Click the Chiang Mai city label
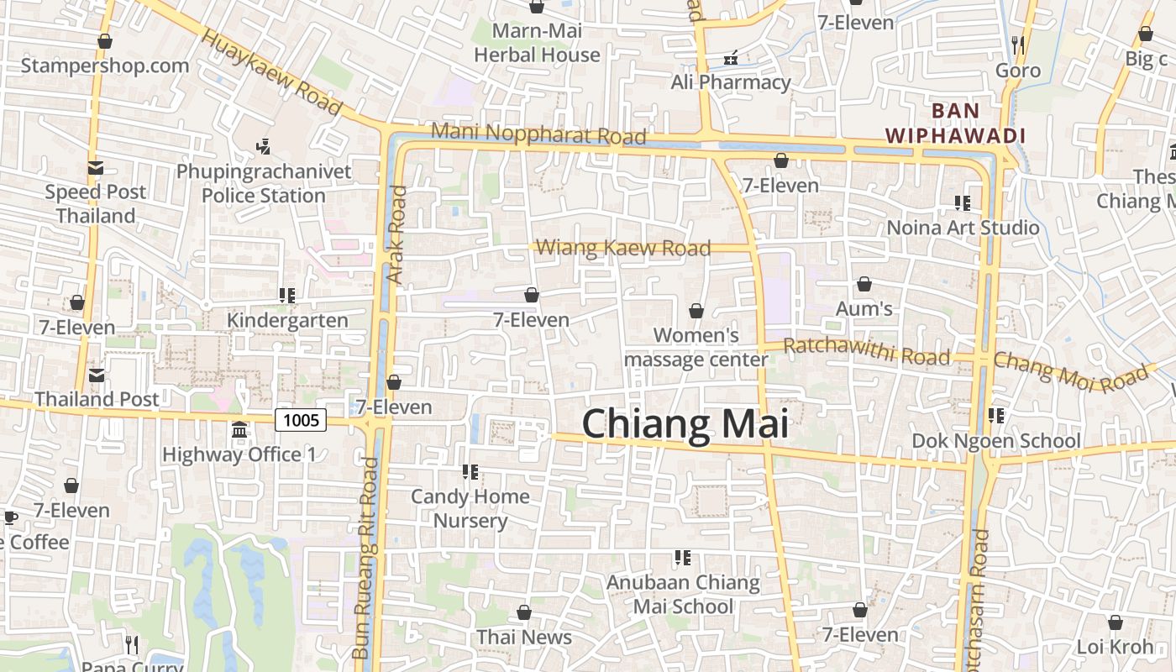[x=685, y=423]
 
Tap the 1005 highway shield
[x=301, y=419]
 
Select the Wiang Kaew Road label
[x=622, y=248]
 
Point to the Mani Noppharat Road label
[x=538, y=134]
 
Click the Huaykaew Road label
[x=273, y=73]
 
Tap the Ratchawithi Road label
[x=866, y=351]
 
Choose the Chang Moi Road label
[x=1070, y=371]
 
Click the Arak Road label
[x=396, y=234]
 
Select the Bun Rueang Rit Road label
[x=365, y=558]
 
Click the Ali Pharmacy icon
[x=731, y=58]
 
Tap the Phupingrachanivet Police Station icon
[x=263, y=147]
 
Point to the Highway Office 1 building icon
[x=239, y=430]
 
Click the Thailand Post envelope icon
[x=97, y=375]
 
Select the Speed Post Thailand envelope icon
[x=95, y=168]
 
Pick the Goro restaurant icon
[x=1018, y=45]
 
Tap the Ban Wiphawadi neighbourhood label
[x=956, y=123]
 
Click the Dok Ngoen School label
[x=996, y=441]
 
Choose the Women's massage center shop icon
[x=696, y=312]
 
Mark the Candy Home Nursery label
[x=470, y=508]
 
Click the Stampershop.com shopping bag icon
[x=105, y=41]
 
